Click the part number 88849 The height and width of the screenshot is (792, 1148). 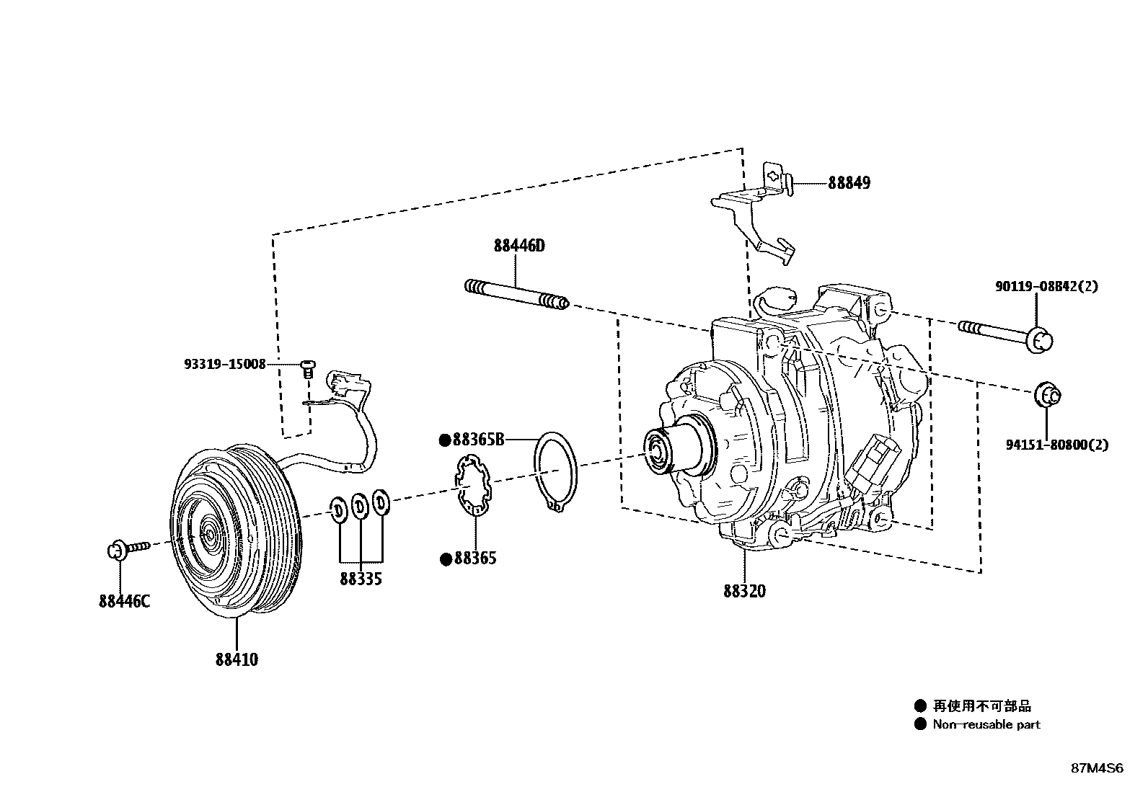pyautogui.click(x=849, y=183)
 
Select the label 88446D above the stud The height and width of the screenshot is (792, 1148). pyautogui.click(x=519, y=246)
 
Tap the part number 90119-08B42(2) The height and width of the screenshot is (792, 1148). pyautogui.click(x=1046, y=287)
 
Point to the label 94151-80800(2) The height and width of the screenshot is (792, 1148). pyautogui.click(x=1056, y=445)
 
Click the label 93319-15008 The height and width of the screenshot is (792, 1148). pyautogui.click(x=224, y=365)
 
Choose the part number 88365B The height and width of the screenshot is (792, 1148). pyautogui.click(x=478, y=440)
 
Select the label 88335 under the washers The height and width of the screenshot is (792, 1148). pyautogui.click(x=361, y=579)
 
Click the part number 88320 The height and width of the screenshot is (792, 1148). pyautogui.click(x=745, y=591)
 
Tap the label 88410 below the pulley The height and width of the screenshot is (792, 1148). pyautogui.click(x=237, y=659)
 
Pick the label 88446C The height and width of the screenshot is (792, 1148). pyautogui.click(x=124, y=601)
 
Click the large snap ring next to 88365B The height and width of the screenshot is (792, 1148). pyautogui.click(x=554, y=473)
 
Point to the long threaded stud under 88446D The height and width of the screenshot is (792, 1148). pyautogui.click(x=517, y=295)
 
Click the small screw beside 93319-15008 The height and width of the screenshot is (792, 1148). pyautogui.click(x=309, y=368)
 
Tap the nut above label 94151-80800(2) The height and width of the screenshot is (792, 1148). pyautogui.click(x=1048, y=395)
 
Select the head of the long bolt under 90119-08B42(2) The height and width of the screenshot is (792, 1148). pyautogui.click(x=1038, y=339)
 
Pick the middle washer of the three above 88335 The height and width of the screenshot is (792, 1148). pyautogui.click(x=359, y=507)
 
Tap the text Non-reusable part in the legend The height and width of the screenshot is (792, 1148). pyautogui.click(x=986, y=725)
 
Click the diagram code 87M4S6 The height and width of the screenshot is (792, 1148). pyautogui.click(x=1096, y=768)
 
